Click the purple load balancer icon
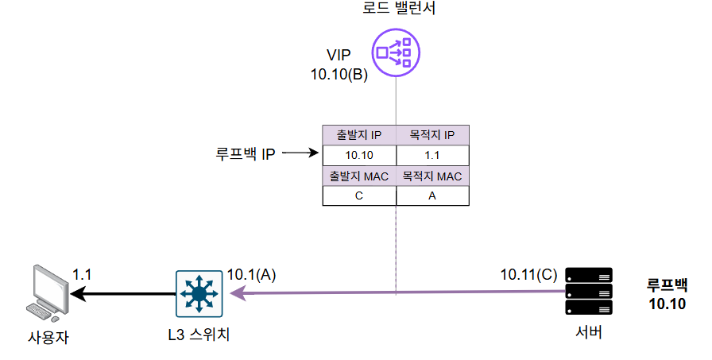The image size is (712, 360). tap(396, 52)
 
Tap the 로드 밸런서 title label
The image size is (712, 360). tap(399, 8)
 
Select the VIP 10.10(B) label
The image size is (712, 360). tap(339, 64)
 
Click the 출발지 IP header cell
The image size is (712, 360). tap(359, 135)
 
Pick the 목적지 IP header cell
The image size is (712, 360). tap(432, 135)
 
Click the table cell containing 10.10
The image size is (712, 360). tap(359, 155)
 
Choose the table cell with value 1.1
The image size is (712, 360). tap(432, 155)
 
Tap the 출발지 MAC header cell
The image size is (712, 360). tap(359, 176)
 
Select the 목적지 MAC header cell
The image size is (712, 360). tap(432, 176)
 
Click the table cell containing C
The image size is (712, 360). tap(359, 195)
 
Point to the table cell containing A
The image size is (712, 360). tap(432, 195)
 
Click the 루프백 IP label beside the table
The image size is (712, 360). tap(246, 154)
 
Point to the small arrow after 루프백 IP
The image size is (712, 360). tap(300, 153)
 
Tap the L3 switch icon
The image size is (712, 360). tap(199, 294)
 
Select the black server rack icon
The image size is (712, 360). tap(589, 291)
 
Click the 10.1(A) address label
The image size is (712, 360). tap(251, 275)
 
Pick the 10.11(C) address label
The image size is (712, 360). tap(528, 275)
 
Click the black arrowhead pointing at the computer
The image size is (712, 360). tap(77, 294)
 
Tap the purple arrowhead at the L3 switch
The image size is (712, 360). tap(238, 294)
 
